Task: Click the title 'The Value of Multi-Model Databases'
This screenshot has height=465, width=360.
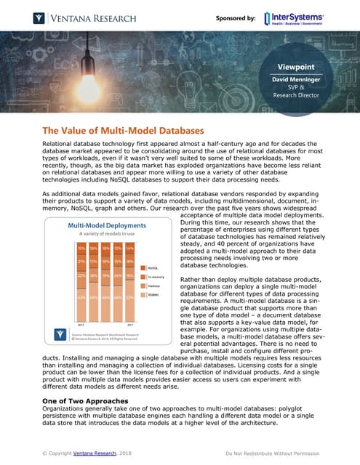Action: [x=124, y=131]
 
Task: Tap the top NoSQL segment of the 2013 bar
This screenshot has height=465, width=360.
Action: [x=62, y=249]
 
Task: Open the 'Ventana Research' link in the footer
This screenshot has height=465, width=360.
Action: [x=95, y=453]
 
